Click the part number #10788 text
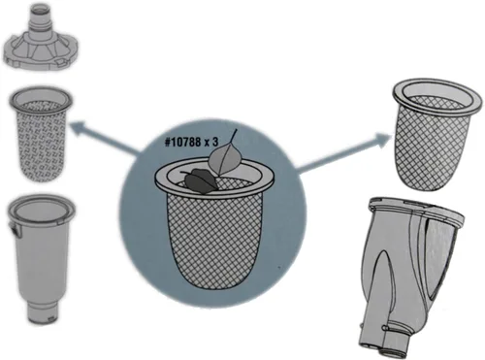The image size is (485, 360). (x=183, y=142)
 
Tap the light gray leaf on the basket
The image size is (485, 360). (x=224, y=158)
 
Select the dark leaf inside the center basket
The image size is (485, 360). (x=199, y=182)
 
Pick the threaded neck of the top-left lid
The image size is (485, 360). (x=40, y=16)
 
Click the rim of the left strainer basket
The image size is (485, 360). (x=41, y=98)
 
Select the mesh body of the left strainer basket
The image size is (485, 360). (x=40, y=143)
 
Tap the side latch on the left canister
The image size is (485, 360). (x=14, y=229)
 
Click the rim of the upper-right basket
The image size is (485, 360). (x=436, y=94)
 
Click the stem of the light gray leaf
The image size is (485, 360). (x=234, y=137)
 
